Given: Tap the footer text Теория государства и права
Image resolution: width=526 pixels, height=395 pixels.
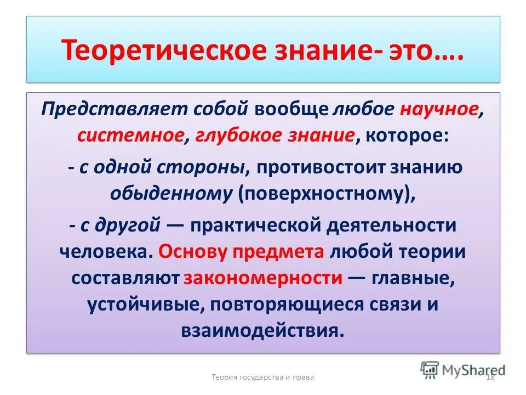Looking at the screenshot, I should [263, 377].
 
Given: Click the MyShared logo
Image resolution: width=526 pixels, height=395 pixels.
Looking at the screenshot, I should [463, 369].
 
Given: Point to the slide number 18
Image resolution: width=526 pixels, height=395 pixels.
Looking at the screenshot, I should [490, 377].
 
